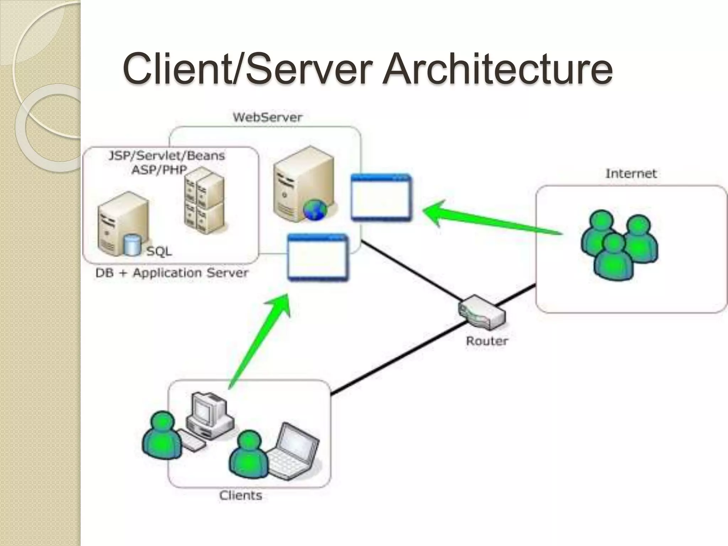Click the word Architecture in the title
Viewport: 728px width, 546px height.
[x=497, y=68]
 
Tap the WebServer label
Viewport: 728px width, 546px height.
[x=267, y=117]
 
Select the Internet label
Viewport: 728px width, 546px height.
[x=631, y=173]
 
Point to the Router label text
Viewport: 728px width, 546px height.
[x=487, y=341]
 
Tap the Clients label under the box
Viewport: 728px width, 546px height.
[x=241, y=495]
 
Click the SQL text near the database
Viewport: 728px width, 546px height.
[x=159, y=251]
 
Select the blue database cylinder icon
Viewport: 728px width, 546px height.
[x=132, y=245]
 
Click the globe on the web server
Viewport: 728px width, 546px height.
[x=315, y=209]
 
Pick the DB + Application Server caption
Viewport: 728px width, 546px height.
[x=172, y=273]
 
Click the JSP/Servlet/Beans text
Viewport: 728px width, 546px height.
[x=167, y=156]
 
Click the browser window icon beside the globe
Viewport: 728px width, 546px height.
[x=381, y=197]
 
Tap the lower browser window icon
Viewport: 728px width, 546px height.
[x=318, y=257]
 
